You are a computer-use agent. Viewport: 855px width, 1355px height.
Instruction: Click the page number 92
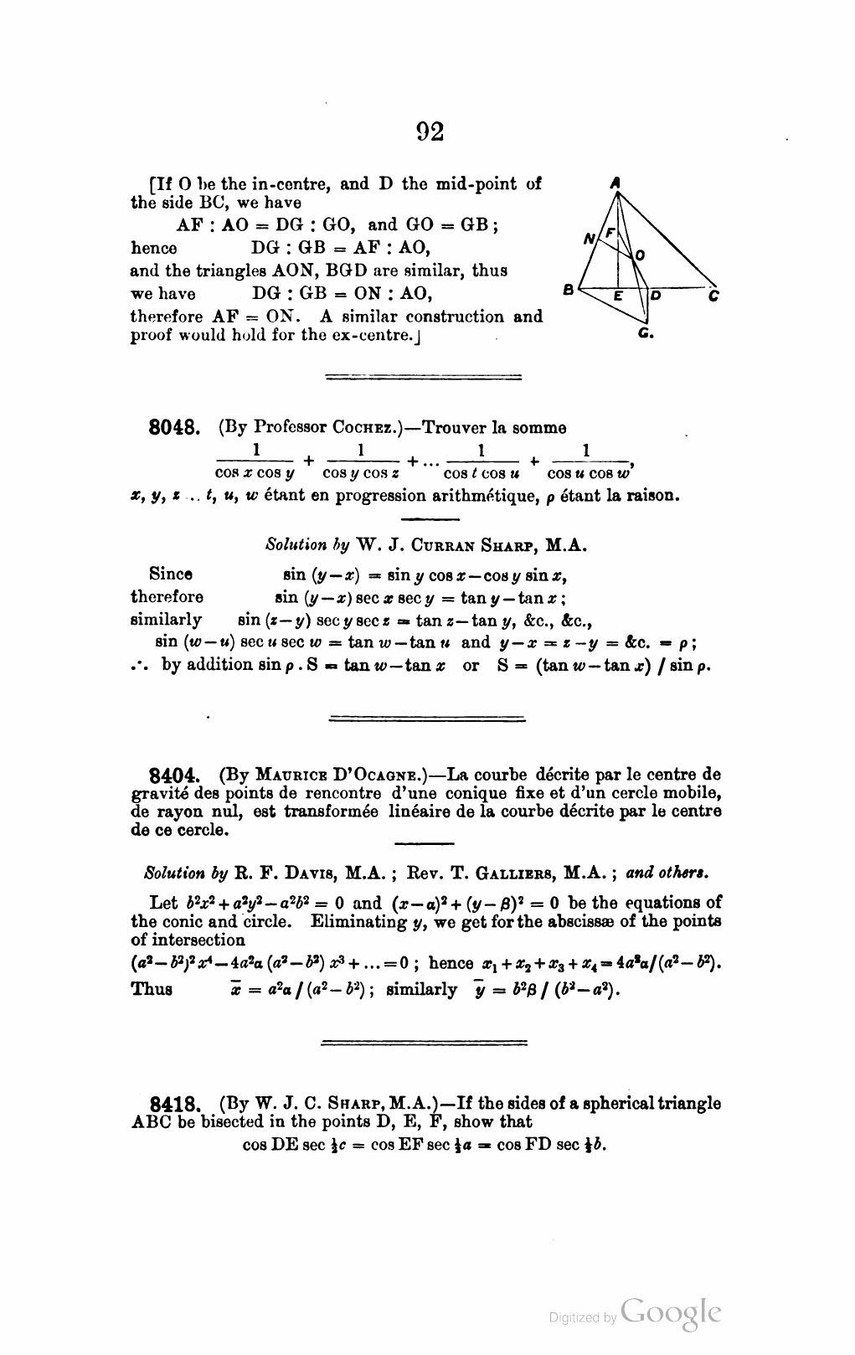pyautogui.click(x=430, y=131)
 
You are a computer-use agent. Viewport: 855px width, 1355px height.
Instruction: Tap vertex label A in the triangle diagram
pyautogui.click(x=615, y=182)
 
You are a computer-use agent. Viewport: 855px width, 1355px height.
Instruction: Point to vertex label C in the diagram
pyautogui.click(x=713, y=295)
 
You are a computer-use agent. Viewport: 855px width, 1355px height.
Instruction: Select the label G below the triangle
pyautogui.click(x=645, y=333)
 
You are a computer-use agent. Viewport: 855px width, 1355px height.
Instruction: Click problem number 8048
pyautogui.click(x=173, y=429)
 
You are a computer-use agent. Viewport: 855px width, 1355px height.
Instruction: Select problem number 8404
pyautogui.click(x=173, y=775)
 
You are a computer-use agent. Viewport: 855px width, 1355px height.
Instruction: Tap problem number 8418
pyautogui.click(x=173, y=1104)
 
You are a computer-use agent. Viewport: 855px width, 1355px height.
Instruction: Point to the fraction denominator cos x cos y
pyautogui.click(x=255, y=474)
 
